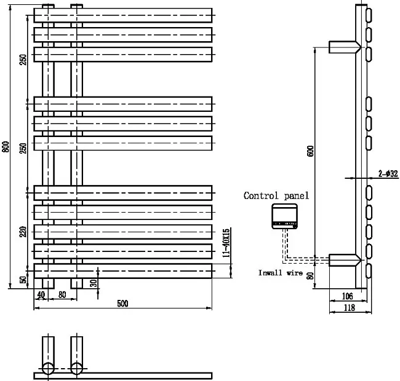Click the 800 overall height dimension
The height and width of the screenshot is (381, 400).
[6, 147]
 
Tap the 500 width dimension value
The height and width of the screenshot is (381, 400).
[122, 304]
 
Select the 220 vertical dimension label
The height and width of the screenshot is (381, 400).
[23, 232]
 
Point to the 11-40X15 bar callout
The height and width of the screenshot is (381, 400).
[226, 243]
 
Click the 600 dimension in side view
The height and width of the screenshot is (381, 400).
[310, 151]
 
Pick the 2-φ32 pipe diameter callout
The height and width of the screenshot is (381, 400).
[388, 174]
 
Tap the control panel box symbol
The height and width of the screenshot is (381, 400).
[284, 216]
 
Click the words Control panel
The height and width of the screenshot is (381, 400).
[276, 195]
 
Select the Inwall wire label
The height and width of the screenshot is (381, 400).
[281, 273]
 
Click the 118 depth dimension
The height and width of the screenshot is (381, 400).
[350, 308]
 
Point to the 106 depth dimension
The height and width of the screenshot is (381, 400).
[347, 296]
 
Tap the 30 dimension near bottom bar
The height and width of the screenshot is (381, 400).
[94, 283]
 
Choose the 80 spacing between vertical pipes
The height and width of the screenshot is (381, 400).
[62, 295]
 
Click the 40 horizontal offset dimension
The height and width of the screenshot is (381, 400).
[41, 295]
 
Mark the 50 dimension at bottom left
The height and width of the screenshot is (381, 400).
[23, 280]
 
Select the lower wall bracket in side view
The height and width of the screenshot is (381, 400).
[345, 260]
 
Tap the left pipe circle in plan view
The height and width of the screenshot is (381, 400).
[48, 368]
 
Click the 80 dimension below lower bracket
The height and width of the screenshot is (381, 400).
[310, 276]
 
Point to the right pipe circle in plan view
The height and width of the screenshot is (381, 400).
[76, 368]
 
